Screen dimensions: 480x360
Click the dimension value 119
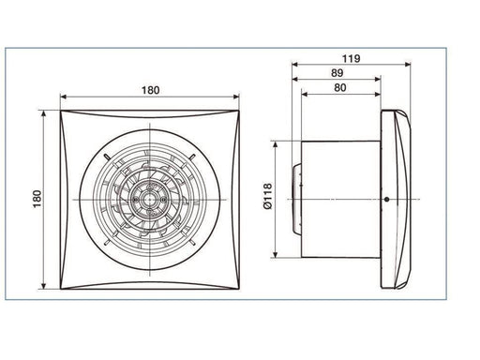pos(351,58)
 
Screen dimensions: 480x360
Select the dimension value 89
pos(337,73)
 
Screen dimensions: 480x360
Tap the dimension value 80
pos(340,88)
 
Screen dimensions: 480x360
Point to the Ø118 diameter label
pos(268,196)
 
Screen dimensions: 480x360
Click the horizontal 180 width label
pos(151,90)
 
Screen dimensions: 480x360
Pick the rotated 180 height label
pos(37,199)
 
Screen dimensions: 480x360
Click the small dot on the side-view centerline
pos(387,200)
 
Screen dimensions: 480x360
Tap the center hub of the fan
pos(150,200)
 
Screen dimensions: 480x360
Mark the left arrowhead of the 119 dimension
pos(294,65)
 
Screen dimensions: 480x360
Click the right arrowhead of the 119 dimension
pos(408,65)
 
